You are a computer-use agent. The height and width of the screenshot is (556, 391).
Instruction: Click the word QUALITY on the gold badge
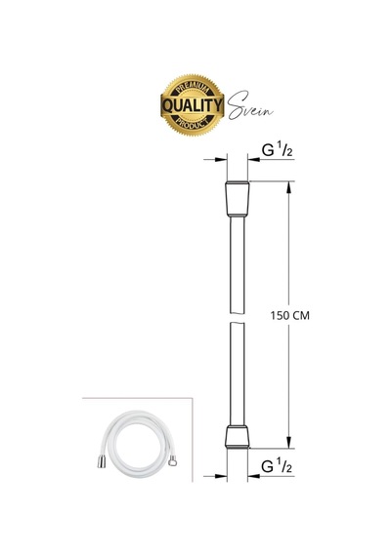tap(193, 105)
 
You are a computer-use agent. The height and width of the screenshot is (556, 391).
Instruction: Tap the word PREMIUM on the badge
tap(193, 87)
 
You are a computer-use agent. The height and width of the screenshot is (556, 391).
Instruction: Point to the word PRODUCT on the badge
tap(193, 124)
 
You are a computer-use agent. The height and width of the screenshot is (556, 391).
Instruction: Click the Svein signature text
tap(250, 105)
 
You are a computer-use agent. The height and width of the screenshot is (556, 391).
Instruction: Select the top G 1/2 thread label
tap(277, 149)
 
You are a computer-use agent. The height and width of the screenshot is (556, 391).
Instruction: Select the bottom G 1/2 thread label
tap(277, 466)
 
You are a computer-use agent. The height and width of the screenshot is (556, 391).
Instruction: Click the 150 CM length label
tap(289, 315)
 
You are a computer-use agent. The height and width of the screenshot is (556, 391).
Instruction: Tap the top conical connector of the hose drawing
tap(238, 199)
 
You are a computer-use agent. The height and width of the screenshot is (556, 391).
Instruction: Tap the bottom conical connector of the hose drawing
tap(238, 437)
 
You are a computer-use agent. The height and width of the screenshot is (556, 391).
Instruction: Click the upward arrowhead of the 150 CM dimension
tap(289, 187)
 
